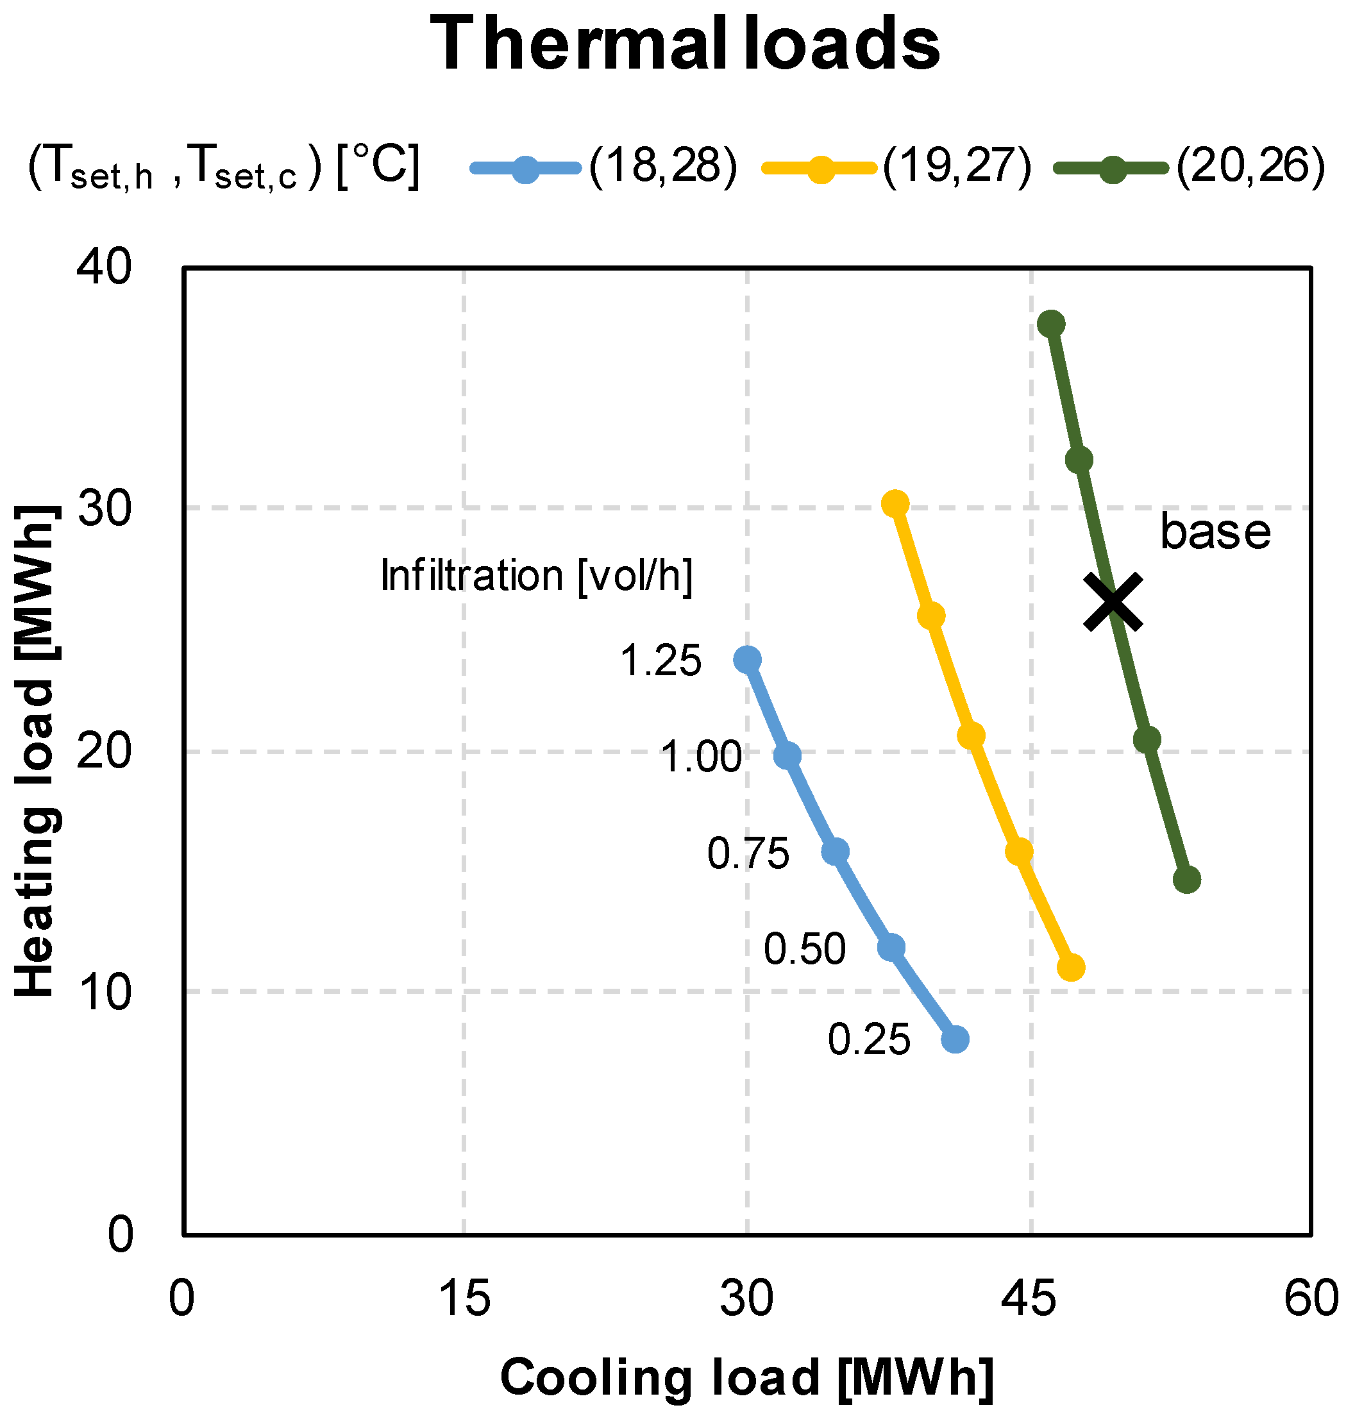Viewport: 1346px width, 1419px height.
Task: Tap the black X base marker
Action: click(1112, 602)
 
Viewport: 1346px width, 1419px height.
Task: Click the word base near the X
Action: click(1215, 532)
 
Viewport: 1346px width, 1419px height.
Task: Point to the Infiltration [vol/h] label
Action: click(537, 575)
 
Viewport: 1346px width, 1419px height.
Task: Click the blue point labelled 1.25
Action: click(748, 659)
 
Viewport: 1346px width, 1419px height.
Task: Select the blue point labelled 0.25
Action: click(955, 1039)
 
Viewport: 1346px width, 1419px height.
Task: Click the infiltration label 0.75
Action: click(748, 853)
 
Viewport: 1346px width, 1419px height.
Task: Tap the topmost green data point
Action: click(1051, 324)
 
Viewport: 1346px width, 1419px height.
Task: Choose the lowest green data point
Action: click(1187, 880)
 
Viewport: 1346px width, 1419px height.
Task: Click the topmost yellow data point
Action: click(895, 505)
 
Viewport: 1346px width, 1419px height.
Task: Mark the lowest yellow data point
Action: click(1071, 968)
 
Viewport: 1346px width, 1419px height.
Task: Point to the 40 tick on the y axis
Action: click(105, 267)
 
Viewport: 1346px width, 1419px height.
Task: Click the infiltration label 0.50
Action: click(804, 950)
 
